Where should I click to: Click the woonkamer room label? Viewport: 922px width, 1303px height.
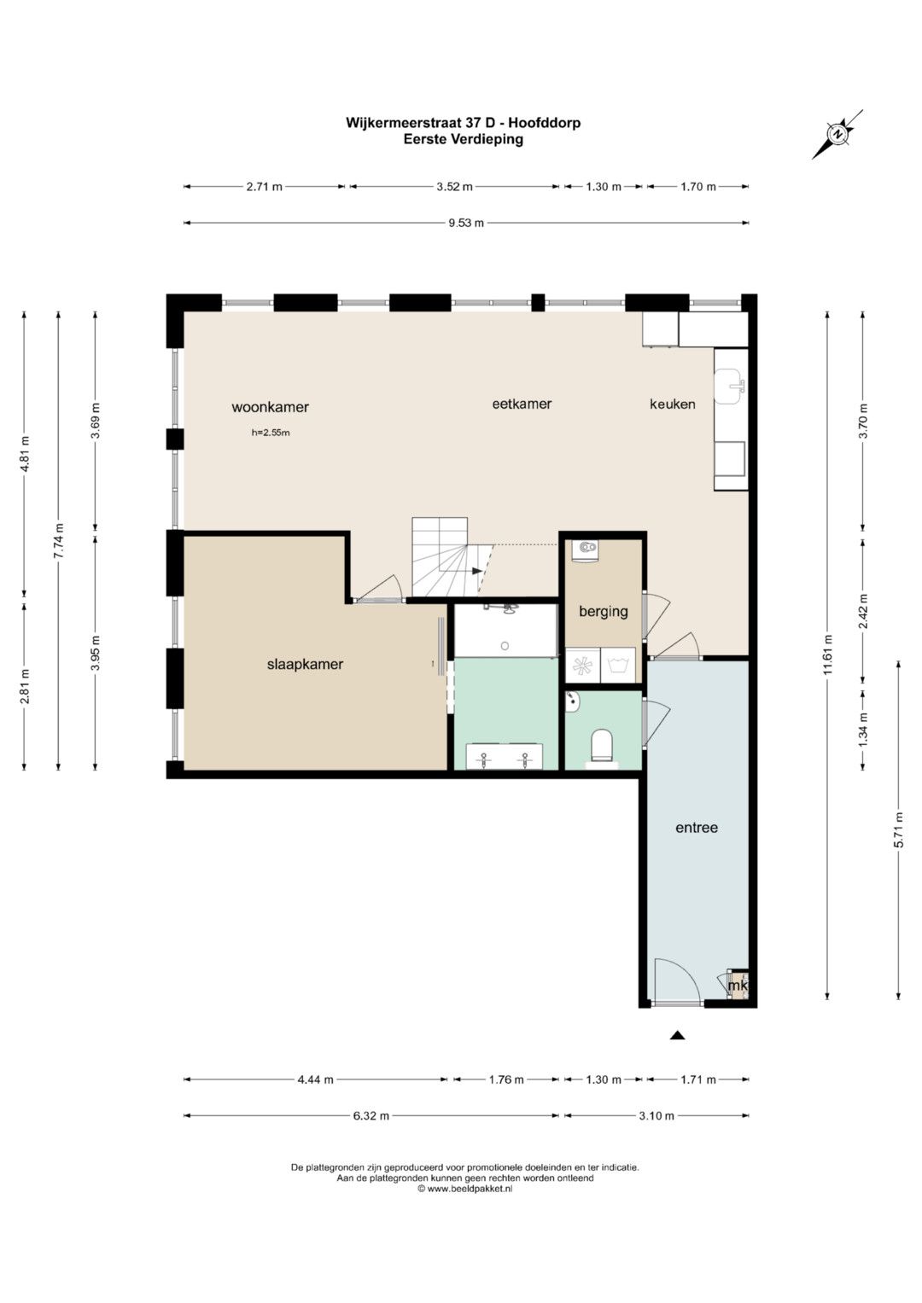[x=270, y=407]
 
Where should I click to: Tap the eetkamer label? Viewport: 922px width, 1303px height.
[x=522, y=404]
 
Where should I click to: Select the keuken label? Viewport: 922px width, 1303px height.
[x=673, y=404]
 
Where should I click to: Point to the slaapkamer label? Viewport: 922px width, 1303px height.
[x=305, y=664]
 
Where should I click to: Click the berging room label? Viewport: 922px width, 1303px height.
[x=603, y=611]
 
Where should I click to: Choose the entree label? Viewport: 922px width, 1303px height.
[x=696, y=827]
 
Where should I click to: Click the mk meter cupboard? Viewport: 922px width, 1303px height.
[x=738, y=986]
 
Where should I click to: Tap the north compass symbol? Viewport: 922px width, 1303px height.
[x=837, y=134]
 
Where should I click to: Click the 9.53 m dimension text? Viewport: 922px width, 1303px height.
[x=465, y=223]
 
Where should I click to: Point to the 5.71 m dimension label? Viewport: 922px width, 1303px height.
[x=899, y=829]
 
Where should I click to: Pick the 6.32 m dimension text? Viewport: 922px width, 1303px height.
[x=371, y=1115]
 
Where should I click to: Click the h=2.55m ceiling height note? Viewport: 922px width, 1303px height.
[x=271, y=433]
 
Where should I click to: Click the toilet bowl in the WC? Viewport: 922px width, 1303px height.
[x=602, y=745]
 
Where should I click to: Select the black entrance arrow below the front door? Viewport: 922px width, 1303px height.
[x=676, y=1035]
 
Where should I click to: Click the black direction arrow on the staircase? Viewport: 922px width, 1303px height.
[x=477, y=571]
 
